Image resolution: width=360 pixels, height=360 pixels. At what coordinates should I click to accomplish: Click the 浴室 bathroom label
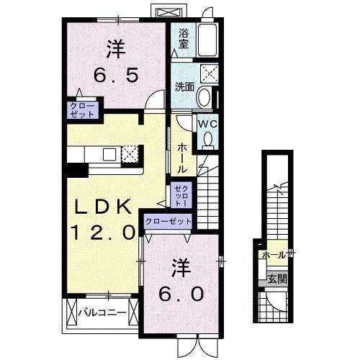pyautogui.click(x=183, y=38)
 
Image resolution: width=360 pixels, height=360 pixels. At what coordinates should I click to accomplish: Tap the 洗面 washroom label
pyautogui.click(x=184, y=88)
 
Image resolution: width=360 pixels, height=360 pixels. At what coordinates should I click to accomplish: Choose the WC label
pyautogui.click(x=207, y=123)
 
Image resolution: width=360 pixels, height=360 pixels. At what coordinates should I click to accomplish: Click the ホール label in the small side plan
pyautogui.click(x=274, y=255)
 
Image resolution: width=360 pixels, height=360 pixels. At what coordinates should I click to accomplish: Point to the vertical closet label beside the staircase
pyautogui.click(x=179, y=195)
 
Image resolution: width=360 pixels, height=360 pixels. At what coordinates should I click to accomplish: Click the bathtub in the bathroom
pyautogui.click(x=210, y=39)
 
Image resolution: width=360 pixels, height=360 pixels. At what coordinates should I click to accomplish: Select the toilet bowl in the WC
pyautogui.click(x=208, y=141)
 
